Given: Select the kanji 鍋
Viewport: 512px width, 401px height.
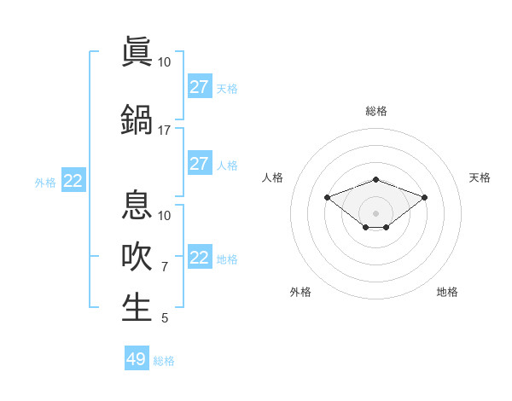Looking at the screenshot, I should [137, 119].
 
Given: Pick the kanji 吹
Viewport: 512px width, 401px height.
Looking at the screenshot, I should [137, 257].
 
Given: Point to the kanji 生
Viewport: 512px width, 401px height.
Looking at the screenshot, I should [137, 308].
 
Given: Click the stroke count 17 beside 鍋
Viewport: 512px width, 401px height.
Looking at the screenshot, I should [164, 131].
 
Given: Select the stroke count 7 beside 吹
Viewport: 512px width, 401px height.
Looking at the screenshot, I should [165, 267].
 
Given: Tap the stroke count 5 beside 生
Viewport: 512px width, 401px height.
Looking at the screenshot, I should [165, 318].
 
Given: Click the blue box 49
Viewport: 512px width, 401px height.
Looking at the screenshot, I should [137, 359].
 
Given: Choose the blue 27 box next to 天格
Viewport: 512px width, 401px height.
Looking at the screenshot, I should [200, 87].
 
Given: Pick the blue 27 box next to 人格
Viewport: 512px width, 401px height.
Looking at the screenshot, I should [200, 164].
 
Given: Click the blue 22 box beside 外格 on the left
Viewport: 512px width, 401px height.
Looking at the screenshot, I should [73, 181].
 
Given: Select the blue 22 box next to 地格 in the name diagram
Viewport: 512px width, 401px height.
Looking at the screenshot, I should [200, 258].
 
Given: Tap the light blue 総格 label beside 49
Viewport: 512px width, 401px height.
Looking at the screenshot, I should [164, 361].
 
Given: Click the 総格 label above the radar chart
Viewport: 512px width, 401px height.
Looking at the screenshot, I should [375, 111].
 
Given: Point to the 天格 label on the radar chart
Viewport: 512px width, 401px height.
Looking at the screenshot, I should [480, 177].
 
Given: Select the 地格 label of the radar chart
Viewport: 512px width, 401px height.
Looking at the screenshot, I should [447, 292].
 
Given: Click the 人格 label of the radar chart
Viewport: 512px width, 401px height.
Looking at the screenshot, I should [273, 177].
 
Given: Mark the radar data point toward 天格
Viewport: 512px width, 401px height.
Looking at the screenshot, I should [425, 197].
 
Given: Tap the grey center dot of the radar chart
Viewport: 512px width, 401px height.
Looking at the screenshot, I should [375, 213].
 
